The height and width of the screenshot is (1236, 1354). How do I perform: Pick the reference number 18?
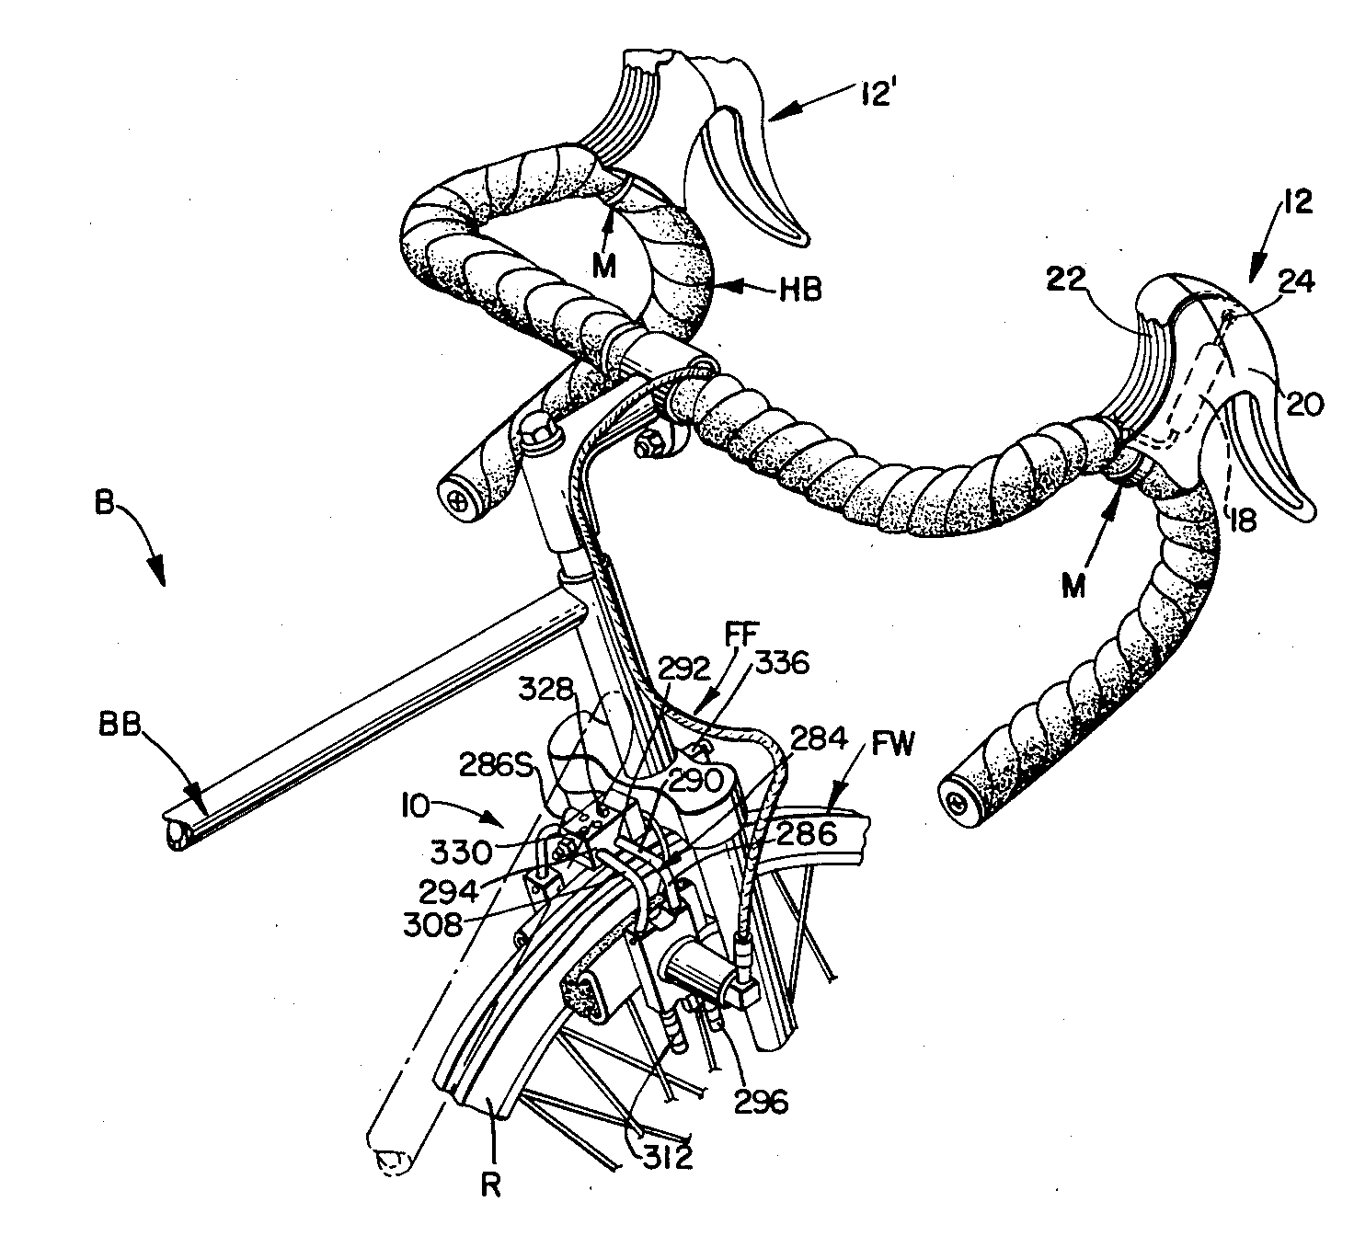click(x=1242, y=521)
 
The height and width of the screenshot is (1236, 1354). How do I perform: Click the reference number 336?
click(x=783, y=663)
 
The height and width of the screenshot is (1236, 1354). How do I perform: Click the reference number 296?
click(x=763, y=1102)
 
